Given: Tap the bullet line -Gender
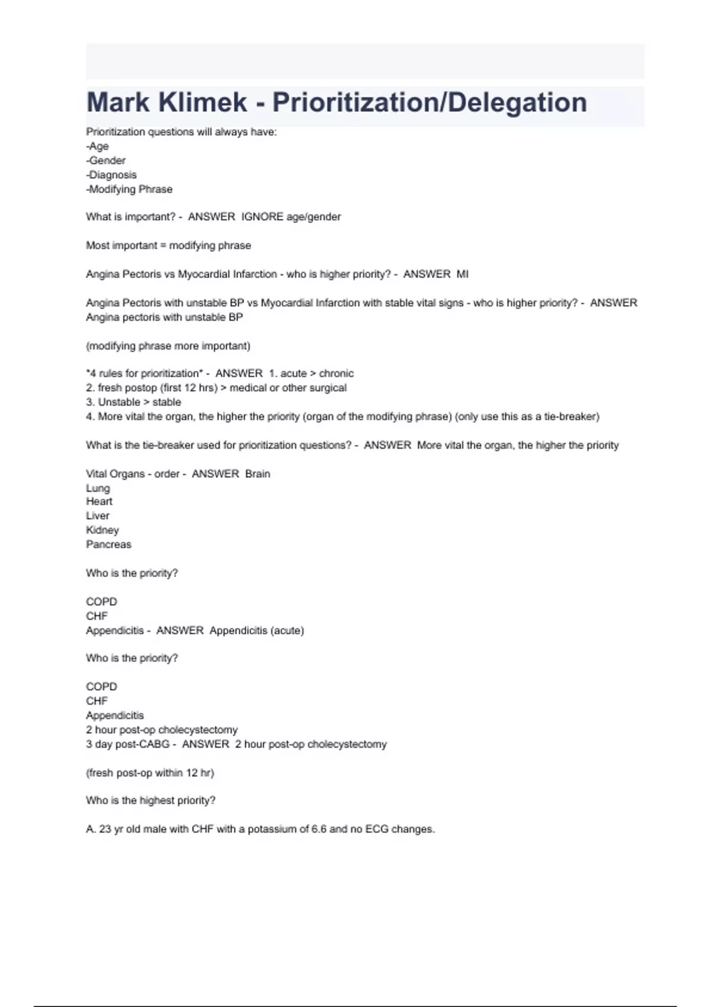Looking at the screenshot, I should [106, 161].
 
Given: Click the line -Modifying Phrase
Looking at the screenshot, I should [129, 190].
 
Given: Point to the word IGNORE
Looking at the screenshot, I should [262, 217].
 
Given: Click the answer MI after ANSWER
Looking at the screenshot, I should [462, 274].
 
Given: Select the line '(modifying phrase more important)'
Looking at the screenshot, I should [168, 346].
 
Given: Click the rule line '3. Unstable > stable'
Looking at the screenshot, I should [133, 402].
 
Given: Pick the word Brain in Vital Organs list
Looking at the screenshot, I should [257, 474].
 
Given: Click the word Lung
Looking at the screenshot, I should [98, 488].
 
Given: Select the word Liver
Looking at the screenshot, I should [98, 516].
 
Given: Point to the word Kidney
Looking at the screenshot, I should [103, 530].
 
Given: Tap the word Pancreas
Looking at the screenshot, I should [108, 544].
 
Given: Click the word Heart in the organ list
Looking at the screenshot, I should [99, 501].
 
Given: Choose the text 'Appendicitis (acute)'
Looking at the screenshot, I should [257, 631].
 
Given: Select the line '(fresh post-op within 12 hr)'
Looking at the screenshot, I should [150, 773].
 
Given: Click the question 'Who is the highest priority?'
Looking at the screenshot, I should [150, 801].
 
